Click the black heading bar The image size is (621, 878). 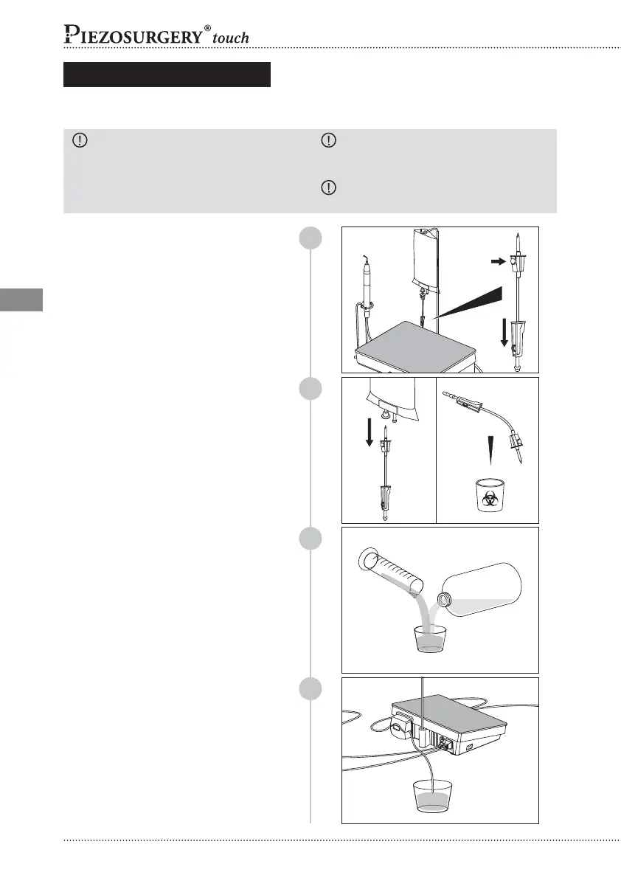pyautogui.click(x=167, y=75)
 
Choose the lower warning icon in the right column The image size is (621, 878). pyautogui.click(x=328, y=187)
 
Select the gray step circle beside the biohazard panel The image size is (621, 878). pyautogui.click(x=310, y=390)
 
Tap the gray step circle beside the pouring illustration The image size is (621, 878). pyautogui.click(x=310, y=540)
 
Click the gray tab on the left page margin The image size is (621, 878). pyautogui.click(x=21, y=300)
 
